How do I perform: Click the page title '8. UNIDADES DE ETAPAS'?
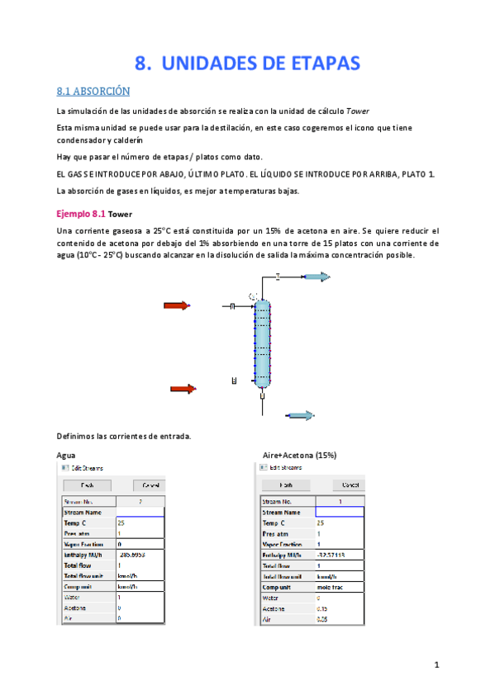coord(247,64)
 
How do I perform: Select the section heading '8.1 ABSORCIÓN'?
coord(93,91)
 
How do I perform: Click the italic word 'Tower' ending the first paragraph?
coord(357,111)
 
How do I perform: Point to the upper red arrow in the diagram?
coord(176,306)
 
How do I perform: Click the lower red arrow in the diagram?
coord(182,389)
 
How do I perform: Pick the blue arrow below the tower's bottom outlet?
coord(299,415)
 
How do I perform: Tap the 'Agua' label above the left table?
coord(66,455)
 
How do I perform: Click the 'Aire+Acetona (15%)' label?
coord(298,455)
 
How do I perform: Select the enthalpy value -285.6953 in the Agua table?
coord(133,555)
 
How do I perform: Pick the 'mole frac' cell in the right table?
coord(331,586)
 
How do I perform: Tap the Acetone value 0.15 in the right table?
coord(323,607)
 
